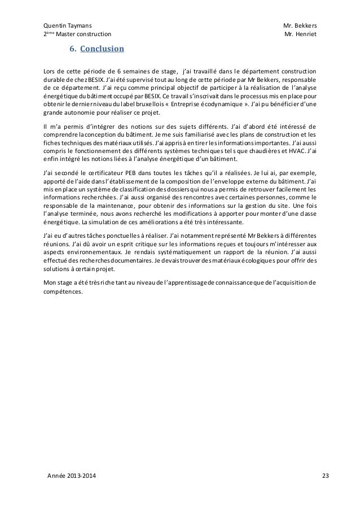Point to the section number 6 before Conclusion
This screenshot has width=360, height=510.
[72, 49]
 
